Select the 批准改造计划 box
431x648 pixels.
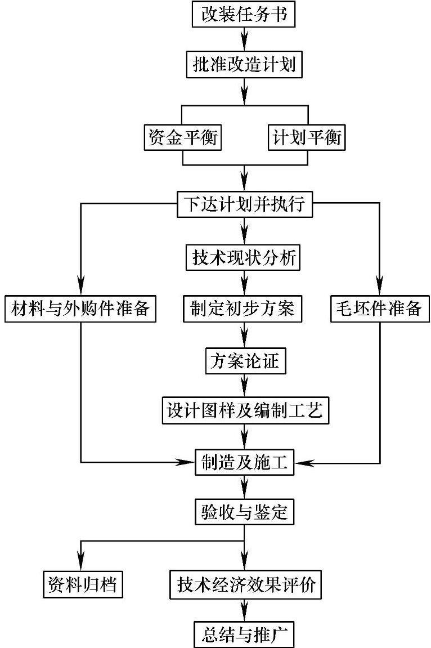(x=244, y=64)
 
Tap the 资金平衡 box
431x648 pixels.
(x=182, y=137)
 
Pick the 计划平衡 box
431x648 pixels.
(x=306, y=137)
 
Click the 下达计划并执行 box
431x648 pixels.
(x=244, y=204)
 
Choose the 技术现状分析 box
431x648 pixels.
(x=243, y=257)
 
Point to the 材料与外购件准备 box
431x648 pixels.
(x=80, y=309)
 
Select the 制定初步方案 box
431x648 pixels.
(x=243, y=309)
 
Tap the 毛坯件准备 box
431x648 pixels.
(x=380, y=309)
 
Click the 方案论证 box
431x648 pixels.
(x=246, y=361)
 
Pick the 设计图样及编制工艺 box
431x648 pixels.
(x=245, y=410)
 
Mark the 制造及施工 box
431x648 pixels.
(x=244, y=462)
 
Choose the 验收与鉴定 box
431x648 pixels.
(x=244, y=512)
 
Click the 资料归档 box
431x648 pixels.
(x=83, y=584)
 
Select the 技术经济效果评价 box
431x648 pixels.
(x=245, y=584)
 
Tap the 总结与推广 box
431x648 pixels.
(x=244, y=634)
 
